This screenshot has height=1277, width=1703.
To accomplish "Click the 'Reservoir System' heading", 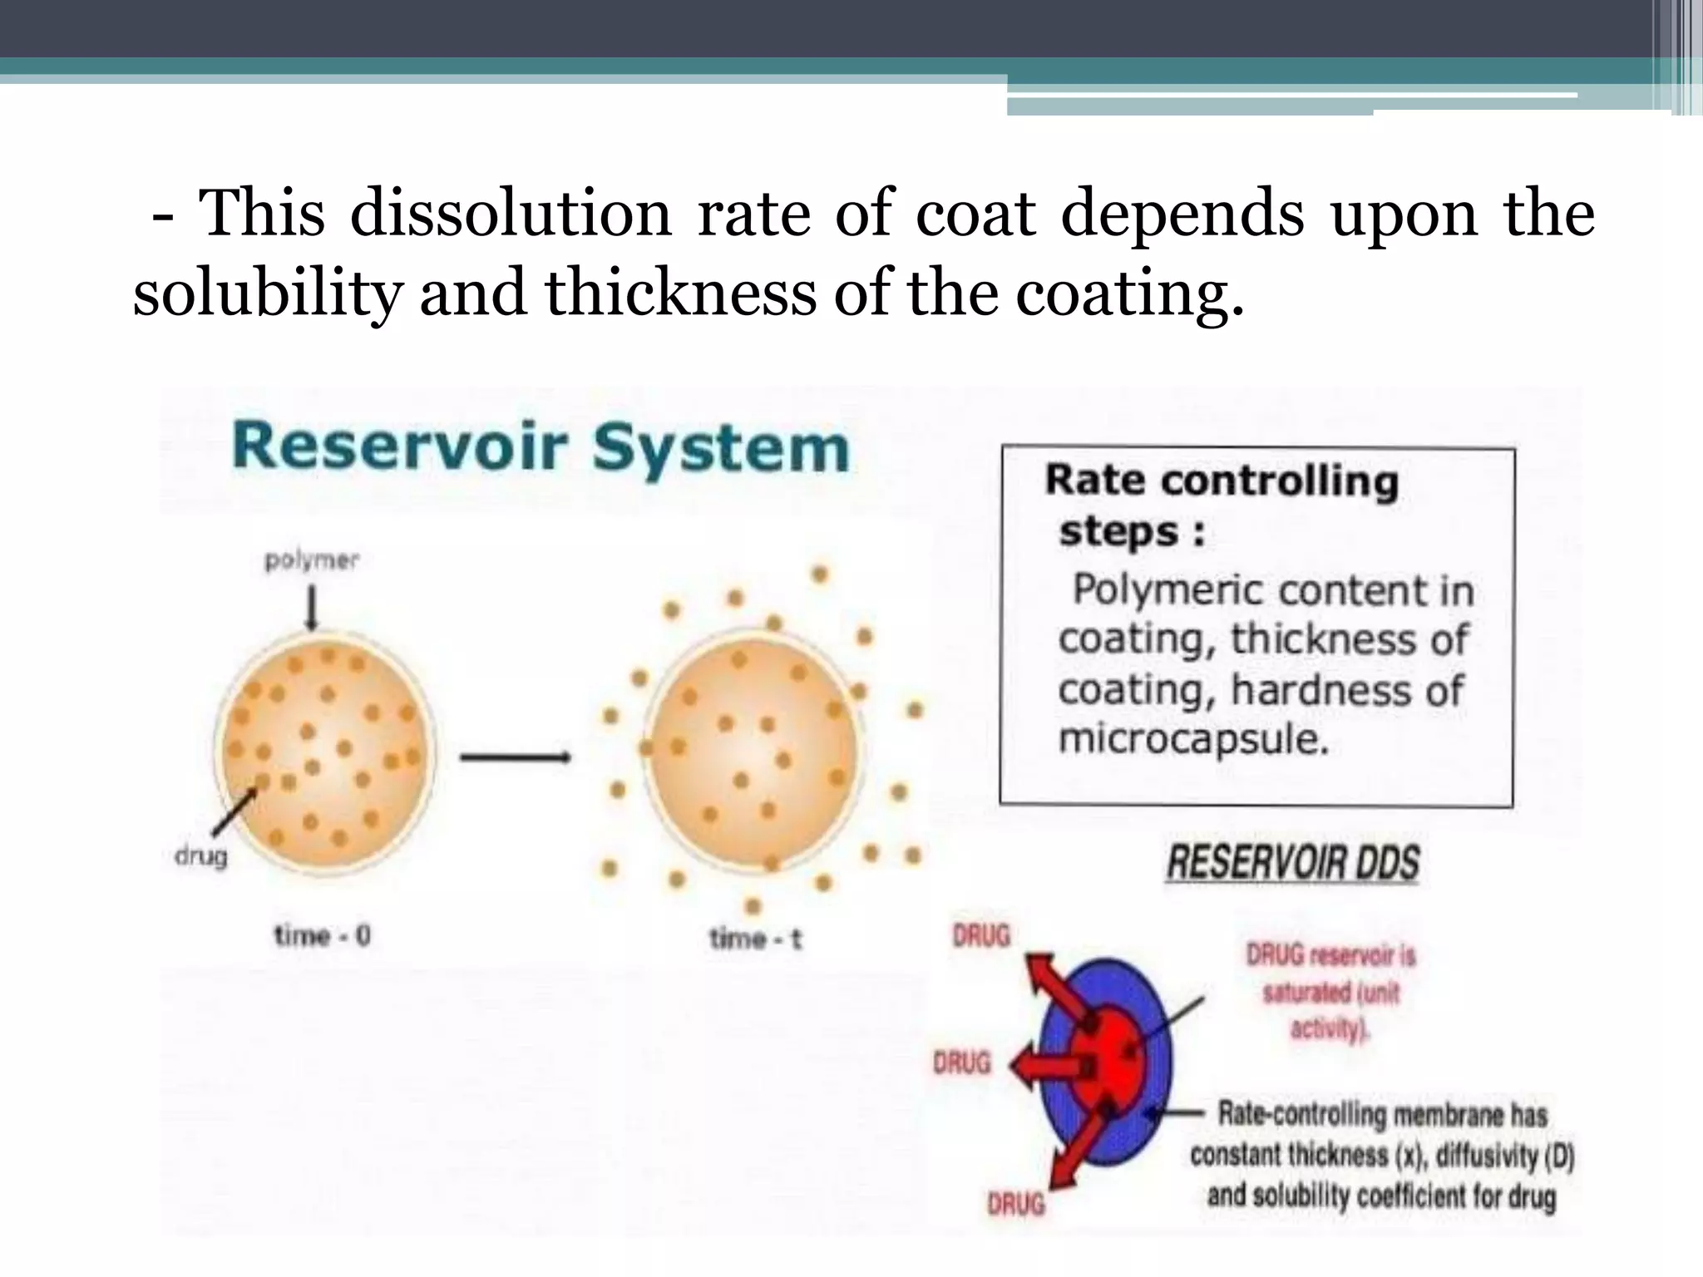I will point(541,450).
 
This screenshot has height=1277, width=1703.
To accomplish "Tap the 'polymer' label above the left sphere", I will point(311,562).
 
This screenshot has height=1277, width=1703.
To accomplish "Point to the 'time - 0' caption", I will point(323,936).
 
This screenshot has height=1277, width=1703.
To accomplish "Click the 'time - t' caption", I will point(755,939).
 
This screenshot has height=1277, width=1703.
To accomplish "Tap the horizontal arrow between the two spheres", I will point(515,757).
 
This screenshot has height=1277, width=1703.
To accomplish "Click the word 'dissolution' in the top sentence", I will point(510,214).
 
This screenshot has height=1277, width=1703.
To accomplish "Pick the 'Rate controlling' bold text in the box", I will point(1221,481).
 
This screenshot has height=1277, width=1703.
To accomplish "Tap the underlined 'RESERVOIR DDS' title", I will point(1292,863).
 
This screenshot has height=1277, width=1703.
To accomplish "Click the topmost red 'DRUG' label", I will point(980,936).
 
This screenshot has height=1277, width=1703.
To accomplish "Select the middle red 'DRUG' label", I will point(961,1063).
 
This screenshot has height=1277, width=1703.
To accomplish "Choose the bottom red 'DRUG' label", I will point(1015,1203).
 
